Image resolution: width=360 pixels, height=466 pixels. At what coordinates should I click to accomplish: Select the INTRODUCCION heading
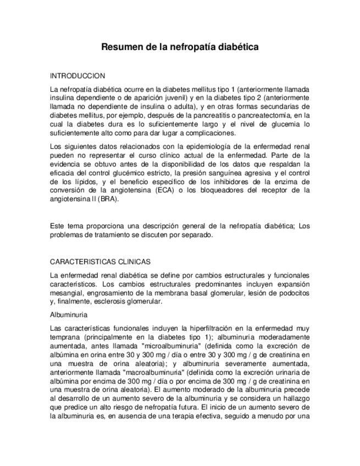(x=77, y=76)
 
